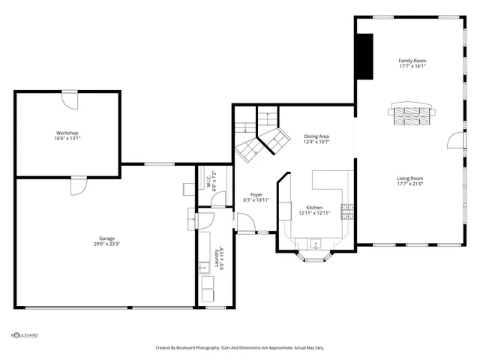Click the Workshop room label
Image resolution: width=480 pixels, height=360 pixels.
pos(67,133)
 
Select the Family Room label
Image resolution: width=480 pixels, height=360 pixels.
pos(412,60)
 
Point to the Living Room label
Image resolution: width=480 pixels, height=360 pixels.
pos(412,178)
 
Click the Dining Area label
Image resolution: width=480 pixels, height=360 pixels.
pos(316,136)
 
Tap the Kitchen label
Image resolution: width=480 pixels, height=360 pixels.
pos(314,208)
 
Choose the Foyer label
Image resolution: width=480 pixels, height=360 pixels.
pos(256,195)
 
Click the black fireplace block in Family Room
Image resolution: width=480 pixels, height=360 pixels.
pos(365,56)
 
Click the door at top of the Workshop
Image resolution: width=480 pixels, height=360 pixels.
pos(68,97)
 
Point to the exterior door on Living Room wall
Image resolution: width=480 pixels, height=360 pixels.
pos(453,142)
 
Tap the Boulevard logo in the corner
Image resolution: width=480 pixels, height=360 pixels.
pos(24,335)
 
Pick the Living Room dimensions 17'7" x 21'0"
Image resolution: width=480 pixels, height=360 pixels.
pos(412,184)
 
